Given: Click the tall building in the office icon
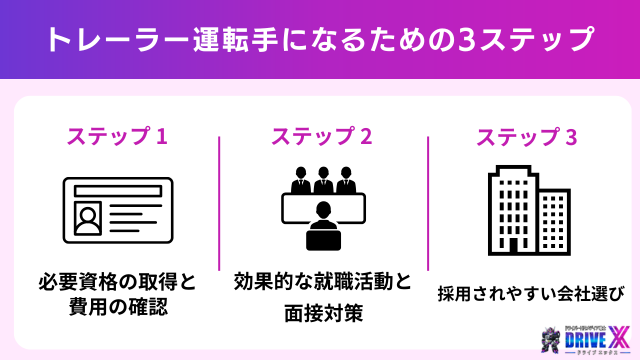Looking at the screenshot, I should [513, 208].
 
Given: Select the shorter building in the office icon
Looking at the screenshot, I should [554, 221].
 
